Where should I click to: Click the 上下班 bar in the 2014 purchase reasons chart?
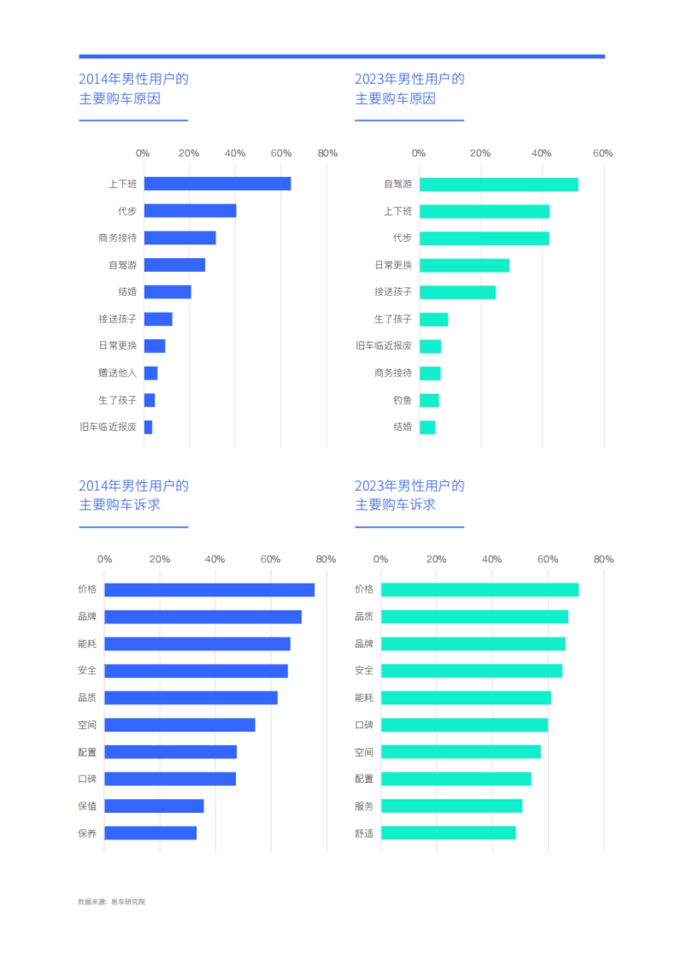pos(217,184)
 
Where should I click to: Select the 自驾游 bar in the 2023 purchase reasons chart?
pos(498,185)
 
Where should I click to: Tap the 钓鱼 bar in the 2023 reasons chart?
pos(429,400)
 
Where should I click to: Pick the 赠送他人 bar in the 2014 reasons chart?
pos(151,373)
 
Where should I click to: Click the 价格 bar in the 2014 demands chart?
pos(209,590)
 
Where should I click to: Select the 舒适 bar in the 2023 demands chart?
pos(448,833)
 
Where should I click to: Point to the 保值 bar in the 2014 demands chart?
pos(154,806)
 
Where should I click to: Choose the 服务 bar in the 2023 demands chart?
pos(451,806)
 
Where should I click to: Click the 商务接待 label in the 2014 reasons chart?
pos(117,238)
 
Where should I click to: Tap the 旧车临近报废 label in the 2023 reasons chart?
pos(384,346)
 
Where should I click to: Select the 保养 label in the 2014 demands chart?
pos(87,833)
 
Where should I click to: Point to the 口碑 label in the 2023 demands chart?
pos(364,725)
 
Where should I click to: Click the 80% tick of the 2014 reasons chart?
pos(327,153)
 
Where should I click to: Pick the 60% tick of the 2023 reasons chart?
pos(602,153)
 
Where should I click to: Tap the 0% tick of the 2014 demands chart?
pos(105,559)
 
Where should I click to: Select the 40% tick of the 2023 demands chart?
pos(492,559)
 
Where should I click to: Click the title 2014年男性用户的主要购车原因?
pos(134,89)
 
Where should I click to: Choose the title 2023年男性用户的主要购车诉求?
pos(409,495)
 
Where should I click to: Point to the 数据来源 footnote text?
pos(111,902)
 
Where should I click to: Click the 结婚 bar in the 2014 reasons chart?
pos(167,292)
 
